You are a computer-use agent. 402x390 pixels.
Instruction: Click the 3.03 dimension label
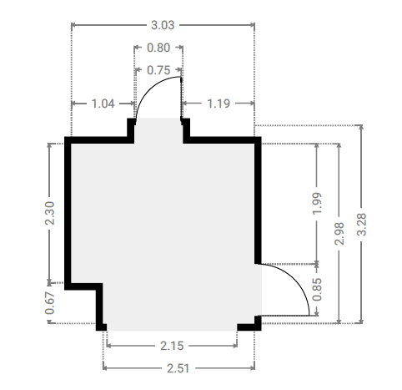click(163, 25)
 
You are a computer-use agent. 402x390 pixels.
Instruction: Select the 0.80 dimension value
click(158, 48)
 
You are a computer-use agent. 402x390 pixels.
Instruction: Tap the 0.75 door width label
click(158, 70)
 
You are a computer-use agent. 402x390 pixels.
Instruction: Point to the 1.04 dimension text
click(103, 104)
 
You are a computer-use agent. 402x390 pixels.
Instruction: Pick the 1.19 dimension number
click(219, 104)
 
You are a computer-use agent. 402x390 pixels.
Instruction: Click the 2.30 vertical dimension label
click(50, 213)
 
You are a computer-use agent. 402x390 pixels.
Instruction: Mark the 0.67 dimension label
click(50, 303)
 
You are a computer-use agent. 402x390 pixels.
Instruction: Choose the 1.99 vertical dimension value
click(317, 203)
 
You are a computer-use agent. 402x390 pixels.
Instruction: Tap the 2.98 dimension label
click(339, 234)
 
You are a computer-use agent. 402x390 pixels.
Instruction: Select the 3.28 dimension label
click(362, 225)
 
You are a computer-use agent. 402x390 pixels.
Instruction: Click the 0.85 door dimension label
click(317, 290)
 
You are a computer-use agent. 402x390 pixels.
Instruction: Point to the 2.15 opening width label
click(172, 346)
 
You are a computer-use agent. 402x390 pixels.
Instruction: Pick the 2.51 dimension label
click(178, 368)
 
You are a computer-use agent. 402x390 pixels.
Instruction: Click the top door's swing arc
click(150, 87)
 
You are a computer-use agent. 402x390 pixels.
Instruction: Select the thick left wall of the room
click(68, 213)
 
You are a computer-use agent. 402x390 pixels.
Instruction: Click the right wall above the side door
click(258, 200)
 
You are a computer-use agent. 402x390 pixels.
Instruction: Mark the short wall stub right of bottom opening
click(249, 327)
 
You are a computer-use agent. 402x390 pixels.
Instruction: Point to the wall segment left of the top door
click(99, 140)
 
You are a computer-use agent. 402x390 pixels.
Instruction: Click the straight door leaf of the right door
click(284, 316)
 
